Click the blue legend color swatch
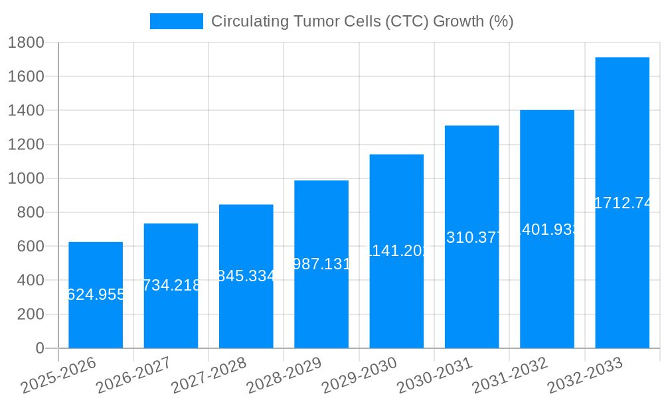pyautogui.click(x=177, y=21)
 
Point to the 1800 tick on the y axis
pyautogui.click(x=26, y=42)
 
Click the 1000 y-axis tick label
pyautogui.click(x=26, y=178)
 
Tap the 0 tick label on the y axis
pyautogui.click(x=39, y=348)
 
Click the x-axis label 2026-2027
pyautogui.click(x=133, y=375)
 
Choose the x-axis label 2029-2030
pyautogui.click(x=359, y=375)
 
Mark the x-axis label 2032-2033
pyautogui.click(x=585, y=375)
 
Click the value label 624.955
pyautogui.click(x=96, y=295)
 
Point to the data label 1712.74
pyautogui.click(x=622, y=203)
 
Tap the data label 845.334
pyautogui.click(x=246, y=276)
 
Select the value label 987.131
pyautogui.click(x=321, y=264)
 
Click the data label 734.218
pyautogui.click(x=171, y=285)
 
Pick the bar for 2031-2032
pyautogui.click(x=547, y=298)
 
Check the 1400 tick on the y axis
pyautogui.click(x=26, y=110)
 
